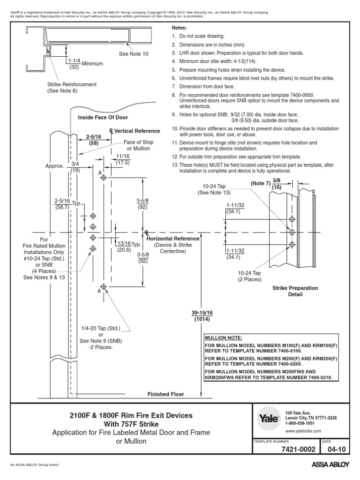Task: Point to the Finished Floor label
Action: point(166,394)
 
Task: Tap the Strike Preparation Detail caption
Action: point(295,291)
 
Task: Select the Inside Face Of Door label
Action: point(103,117)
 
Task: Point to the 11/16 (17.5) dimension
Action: point(123,159)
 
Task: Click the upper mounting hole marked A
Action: point(104,178)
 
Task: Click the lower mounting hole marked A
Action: point(104,286)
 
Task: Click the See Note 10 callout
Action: point(134,54)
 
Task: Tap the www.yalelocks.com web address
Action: point(303,430)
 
